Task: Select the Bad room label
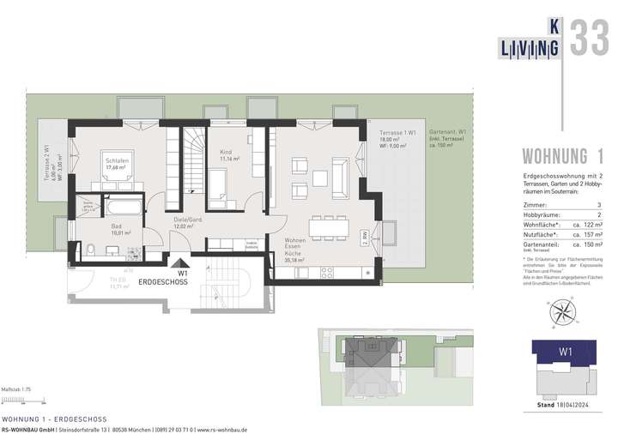coord(116,227)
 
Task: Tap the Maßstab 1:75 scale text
coord(16,389)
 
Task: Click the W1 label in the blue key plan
coord(565,351)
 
